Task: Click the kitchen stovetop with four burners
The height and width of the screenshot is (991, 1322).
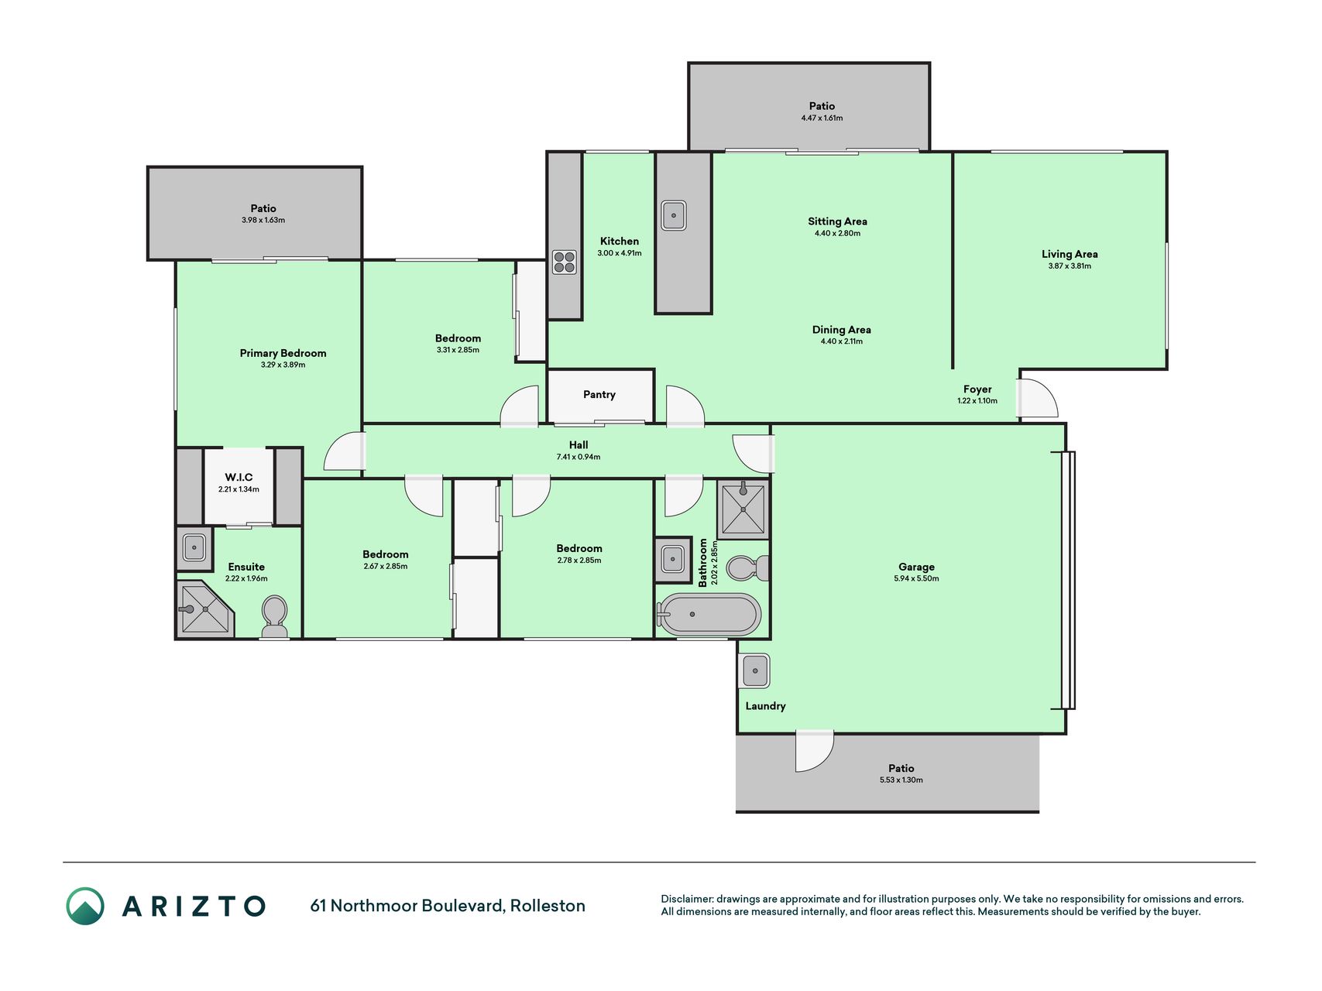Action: click(564, 262)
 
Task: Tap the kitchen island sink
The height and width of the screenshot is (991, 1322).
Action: click(673, 215)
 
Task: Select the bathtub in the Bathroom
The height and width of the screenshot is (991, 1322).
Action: click(709, 615)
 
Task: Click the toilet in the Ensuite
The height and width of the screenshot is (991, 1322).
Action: click(274, 616)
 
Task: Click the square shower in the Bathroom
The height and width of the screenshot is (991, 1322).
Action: click(743, 509)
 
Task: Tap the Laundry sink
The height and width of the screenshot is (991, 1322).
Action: click(755, 670)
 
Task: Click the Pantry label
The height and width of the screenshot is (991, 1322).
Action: click(599, 395)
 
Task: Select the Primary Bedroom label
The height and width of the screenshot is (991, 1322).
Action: click(283, 353)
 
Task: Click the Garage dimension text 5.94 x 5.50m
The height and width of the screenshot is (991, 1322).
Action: click(916, 578)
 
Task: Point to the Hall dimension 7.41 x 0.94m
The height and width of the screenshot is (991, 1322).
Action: click(579, 457)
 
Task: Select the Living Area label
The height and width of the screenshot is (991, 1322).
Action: click(1070, 254)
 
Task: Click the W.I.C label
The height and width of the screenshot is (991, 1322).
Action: click(239, 478)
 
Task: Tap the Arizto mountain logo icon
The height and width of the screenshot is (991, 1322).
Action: click(85, 906)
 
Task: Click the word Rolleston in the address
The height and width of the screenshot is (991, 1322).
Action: click(548, 906)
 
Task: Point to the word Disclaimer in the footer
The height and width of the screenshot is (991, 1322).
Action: click(686, 899)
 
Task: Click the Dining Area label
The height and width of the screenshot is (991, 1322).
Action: click(842, 330)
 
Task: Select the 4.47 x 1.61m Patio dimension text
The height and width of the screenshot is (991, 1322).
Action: click(822, 118)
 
